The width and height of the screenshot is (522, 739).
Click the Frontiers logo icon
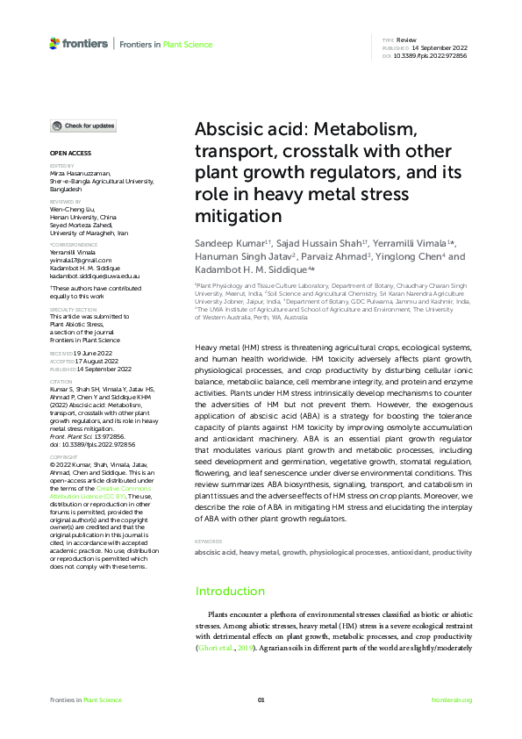55,43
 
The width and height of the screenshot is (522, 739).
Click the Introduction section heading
230,592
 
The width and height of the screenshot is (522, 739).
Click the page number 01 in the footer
261,700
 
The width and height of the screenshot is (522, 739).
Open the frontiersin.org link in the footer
452,700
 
